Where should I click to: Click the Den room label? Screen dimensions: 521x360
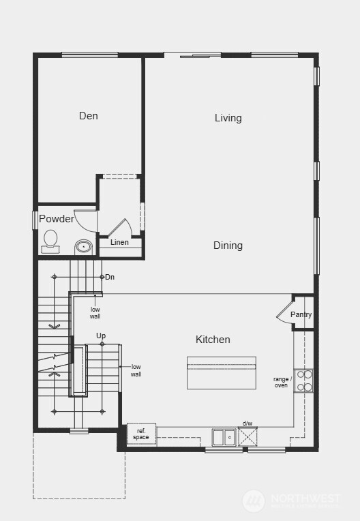(x=89, y=116)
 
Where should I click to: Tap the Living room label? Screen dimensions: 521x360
(x=228, y=118)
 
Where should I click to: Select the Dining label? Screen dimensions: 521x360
(x=228, y=245)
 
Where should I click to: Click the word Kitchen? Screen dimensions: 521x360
(x=213, y=340)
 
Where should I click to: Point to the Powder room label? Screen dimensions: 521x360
(x=56, y=219)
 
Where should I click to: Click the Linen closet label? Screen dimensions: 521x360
(x=119, y=242)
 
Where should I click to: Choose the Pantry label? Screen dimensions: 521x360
(x=301, y=314)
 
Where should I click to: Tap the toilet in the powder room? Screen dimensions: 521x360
(x=50, y=240)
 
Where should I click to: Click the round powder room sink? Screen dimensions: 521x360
(x=83, y=246)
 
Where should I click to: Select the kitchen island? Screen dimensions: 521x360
(x=222, y=373)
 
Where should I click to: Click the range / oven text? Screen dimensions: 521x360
(x=282, y=382)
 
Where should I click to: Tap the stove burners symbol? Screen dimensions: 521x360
(x=304, y=381)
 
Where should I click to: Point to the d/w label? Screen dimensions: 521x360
(x=247, y=423)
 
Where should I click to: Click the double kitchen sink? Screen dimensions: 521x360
(x=224, y=437)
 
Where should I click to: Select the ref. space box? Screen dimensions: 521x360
(x=141, y=434)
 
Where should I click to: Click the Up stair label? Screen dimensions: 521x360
(x=101, y=336)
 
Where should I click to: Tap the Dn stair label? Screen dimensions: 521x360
(x=110, y=277)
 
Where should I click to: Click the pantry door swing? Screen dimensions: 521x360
(x=284, y=312)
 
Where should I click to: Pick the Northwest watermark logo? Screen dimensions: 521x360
(x=254, y=501)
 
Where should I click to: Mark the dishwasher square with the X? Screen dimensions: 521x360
(x=247, y=436)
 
